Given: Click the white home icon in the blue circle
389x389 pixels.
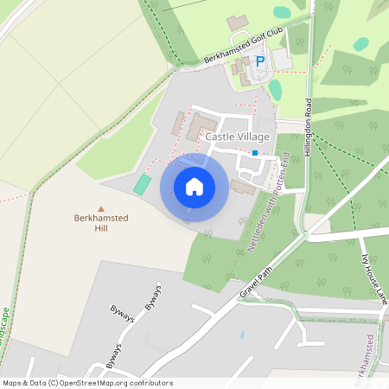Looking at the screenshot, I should point(194,186).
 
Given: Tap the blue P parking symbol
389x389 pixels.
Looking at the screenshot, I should point(259,62).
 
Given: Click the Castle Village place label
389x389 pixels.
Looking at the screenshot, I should point(237,137).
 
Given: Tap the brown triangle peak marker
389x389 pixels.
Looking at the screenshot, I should point(101,208).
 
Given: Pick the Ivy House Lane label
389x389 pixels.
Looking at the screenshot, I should point(373,277).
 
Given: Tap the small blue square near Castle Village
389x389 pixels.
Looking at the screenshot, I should point(255,153).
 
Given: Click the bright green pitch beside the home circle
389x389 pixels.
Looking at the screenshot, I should point(141,184).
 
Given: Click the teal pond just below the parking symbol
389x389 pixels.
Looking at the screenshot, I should point(275,89).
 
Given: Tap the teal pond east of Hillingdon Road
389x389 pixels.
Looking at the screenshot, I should point(361,44).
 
